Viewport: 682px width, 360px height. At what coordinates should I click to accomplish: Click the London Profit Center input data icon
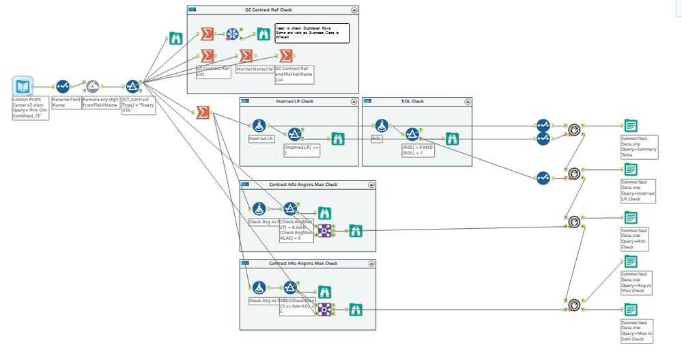click(24, 87)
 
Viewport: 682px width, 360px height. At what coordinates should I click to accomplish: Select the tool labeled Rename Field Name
click(63, 87)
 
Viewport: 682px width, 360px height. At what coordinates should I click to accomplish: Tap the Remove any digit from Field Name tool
click(94, 86)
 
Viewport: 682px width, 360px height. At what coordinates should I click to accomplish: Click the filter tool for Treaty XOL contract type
click(132, 86)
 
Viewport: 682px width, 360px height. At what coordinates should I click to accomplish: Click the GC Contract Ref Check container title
click(272, 10)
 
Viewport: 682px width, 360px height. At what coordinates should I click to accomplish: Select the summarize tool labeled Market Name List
click(246, 56)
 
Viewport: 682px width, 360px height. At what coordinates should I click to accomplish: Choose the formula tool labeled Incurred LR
click(259, 126)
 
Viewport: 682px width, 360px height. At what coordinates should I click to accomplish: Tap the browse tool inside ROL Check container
click(452, 137)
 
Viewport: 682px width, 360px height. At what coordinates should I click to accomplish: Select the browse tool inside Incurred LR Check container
click(337, 137)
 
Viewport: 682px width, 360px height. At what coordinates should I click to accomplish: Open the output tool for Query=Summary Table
click(631, 126)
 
